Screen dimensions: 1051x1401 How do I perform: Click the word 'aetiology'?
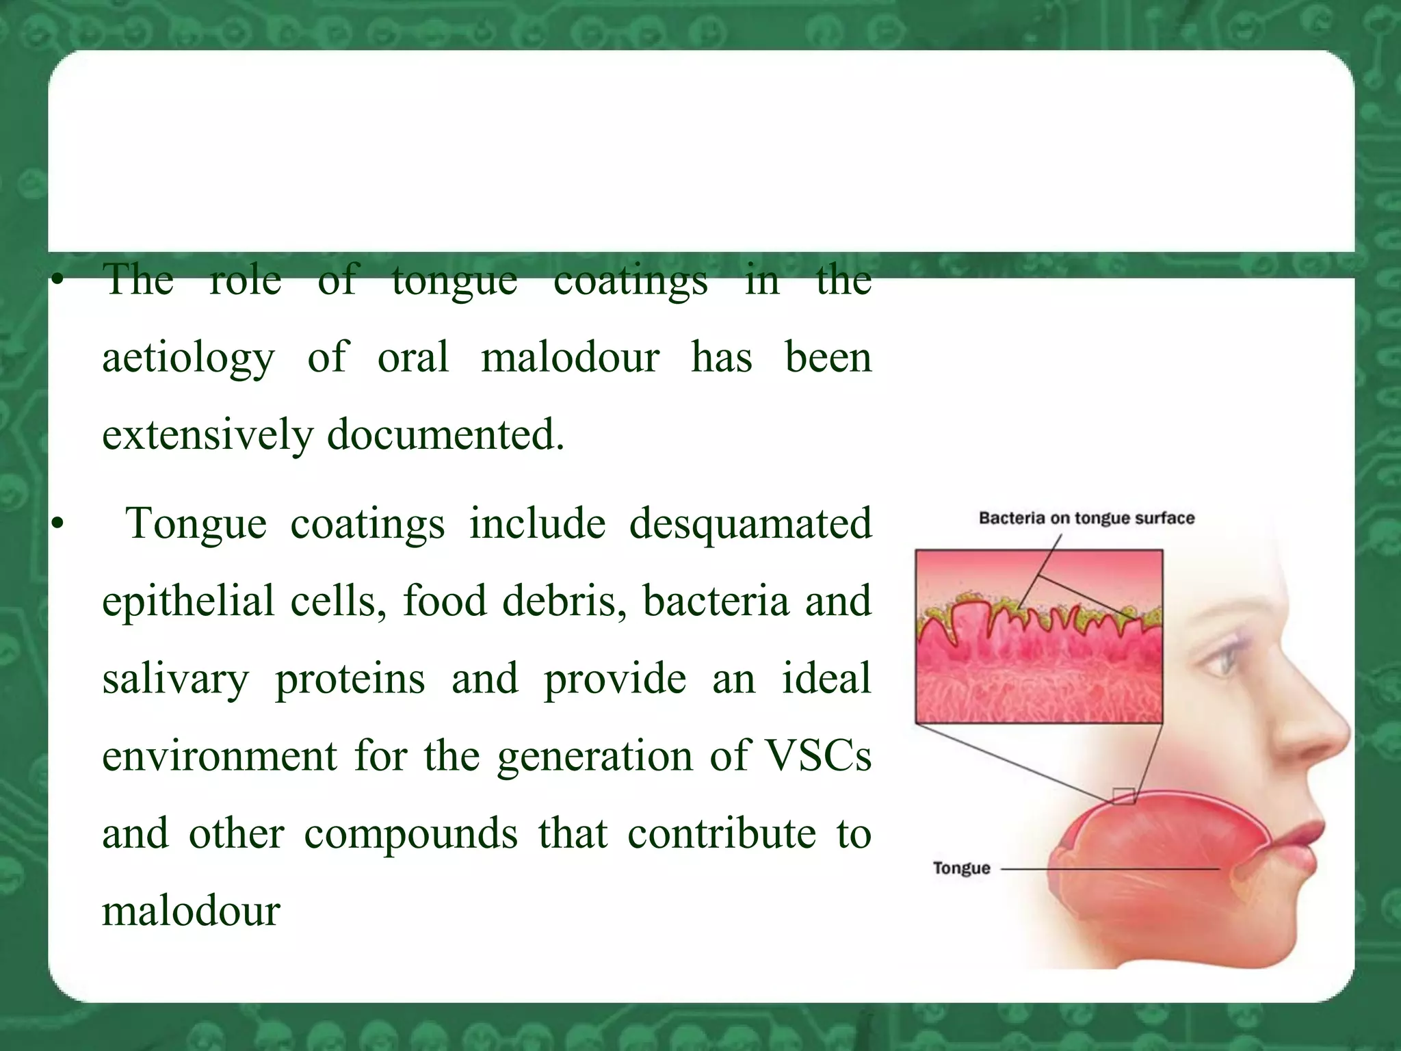(188, 359)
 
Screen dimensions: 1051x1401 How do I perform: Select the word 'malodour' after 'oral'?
(569, 357)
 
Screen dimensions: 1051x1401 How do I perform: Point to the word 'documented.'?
(445, 435)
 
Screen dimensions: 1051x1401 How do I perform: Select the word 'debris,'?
(564, 601)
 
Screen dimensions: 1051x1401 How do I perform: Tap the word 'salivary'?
(176, 679)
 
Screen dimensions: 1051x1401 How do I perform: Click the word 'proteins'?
(350, 679)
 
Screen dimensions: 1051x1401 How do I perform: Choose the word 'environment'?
(220, 756)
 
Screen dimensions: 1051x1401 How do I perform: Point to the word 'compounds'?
(410, 835)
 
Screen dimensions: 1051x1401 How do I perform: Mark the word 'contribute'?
(721, 833)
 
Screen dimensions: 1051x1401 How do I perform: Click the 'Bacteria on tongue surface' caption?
(1086, 518)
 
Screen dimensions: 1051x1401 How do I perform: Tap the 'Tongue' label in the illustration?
(961, 868)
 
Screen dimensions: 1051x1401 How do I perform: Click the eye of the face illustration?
(1223, 660)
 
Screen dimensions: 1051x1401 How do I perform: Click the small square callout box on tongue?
(1123, 796)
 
